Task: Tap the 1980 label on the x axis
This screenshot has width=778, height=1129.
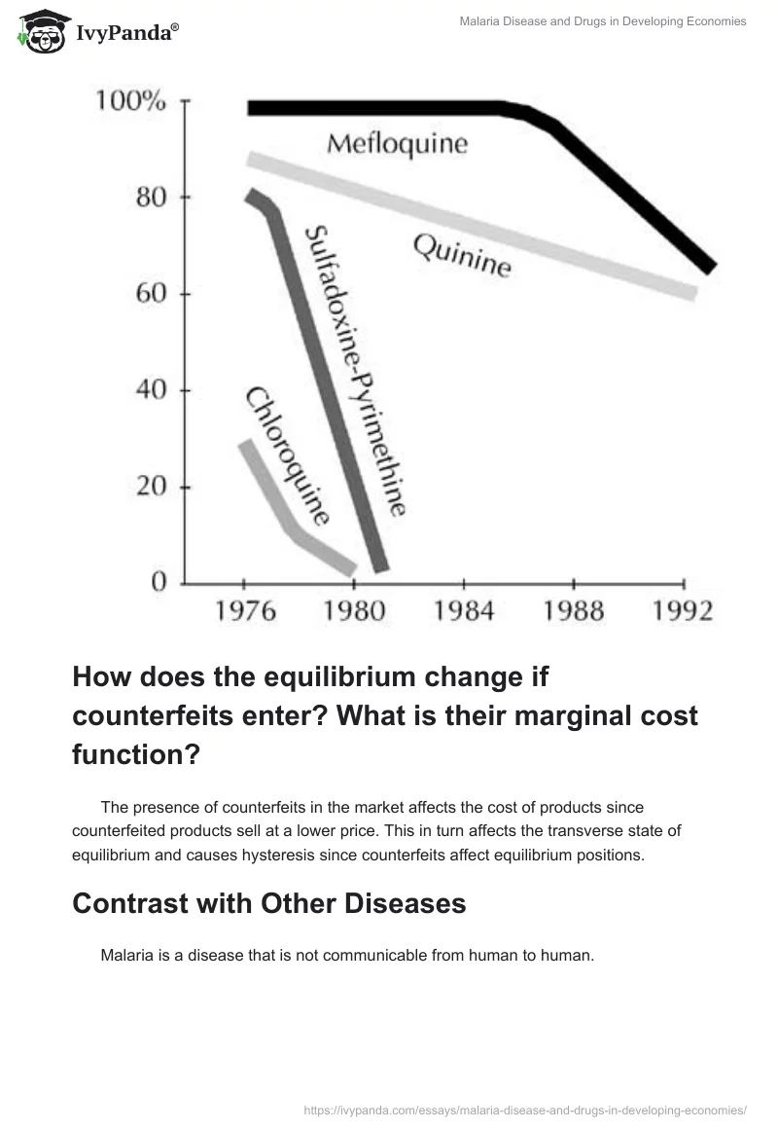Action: [x=353, y=611]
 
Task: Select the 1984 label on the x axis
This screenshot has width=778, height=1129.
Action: [x=463, y=611]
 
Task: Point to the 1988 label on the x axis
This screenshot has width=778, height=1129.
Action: [x=573, y=611]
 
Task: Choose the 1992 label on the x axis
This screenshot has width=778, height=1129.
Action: [x=683, y=611]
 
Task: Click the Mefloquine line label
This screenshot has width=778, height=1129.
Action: [x=397, y=145]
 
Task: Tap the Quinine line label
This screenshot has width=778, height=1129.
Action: [x=461, y=255]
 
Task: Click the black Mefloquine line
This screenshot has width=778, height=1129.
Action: [x=389, y=108]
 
